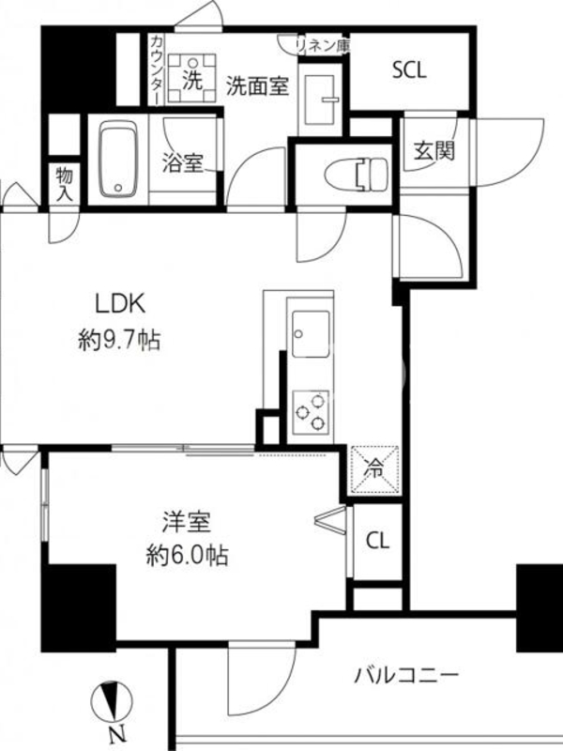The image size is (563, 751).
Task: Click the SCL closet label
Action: pos(409,70)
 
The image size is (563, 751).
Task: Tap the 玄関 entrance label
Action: pos(434,152)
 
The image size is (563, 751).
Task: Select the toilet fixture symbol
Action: pos(356,174)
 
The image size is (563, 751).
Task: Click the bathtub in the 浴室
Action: pos(118,159)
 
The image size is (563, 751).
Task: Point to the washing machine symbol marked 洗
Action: pos(192,79)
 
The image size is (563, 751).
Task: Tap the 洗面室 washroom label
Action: pos(257,86)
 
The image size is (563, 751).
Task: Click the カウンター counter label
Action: pos(156,69)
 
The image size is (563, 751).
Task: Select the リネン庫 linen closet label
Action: pos(322,45)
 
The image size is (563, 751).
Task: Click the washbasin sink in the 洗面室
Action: pos(319,100)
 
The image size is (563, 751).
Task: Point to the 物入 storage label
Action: pos(65,184)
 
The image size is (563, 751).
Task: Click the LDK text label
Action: pos(120,304)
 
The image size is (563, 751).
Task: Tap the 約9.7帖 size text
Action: pos(119,341)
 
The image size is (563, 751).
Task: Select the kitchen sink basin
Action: pos(311,334)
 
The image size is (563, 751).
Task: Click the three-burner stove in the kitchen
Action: pos(312,412)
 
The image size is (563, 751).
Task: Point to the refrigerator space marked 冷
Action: pos(374,469)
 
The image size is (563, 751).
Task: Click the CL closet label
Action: pos(378,542)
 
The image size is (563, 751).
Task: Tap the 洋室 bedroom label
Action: pos(186,522)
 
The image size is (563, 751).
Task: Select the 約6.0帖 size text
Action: pos(187,556)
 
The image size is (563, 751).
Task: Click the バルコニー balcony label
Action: pos(406,676)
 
